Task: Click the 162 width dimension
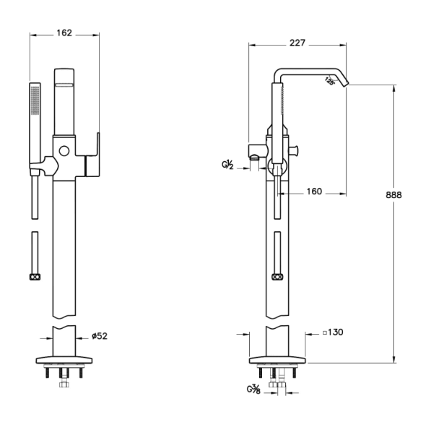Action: click(x=64, y=33)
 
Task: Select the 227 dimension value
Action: click(x=297, y=43)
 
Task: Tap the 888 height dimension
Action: click(x=393, y=195)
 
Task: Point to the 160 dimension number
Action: click(x=314, y=192)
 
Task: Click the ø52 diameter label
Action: click(x=100, y=336)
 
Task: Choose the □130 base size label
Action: click(x=333, y=332)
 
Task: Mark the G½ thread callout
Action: click(x=227, y=165)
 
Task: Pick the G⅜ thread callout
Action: click(x=253, y=390)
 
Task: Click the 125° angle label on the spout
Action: click(x=330, y=81)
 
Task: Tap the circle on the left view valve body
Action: click(x=64, y=151)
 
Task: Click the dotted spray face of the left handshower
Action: click(x=35, y=100)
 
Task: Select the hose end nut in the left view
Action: click(x=35, y=277)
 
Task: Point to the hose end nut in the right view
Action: click(x=277, y=277)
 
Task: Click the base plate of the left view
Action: click(x=64, y=360)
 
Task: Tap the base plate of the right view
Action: click(x=277, y=360)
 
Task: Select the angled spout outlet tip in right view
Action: click(x=346, y=84)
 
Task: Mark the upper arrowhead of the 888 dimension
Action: click(x=394, y=88)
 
